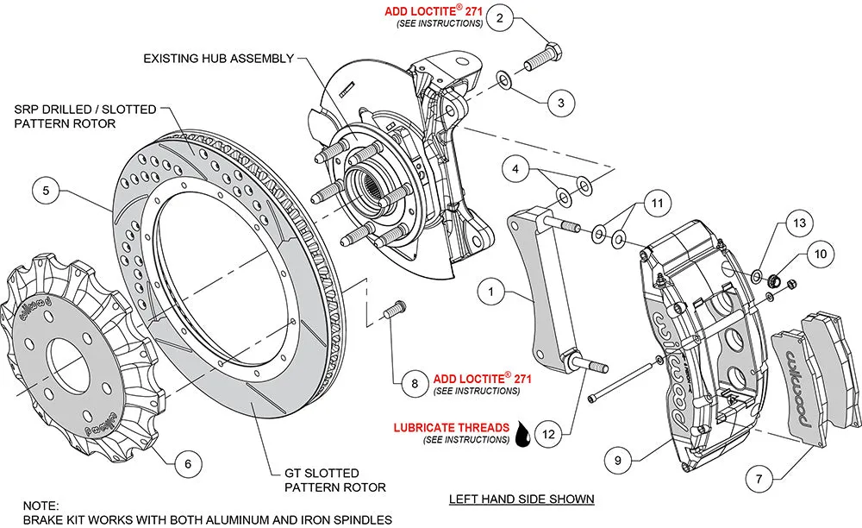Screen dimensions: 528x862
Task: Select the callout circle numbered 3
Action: pyautogui.click(x=560, y=104)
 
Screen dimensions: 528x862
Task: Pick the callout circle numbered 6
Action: pyautogui.click(x=181, y=464)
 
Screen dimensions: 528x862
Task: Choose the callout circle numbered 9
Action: pyautogui.click(x=617, y=461)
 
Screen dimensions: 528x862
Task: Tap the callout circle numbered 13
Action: pyautogui.click(x=801, y=223)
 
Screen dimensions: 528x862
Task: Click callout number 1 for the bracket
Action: pyautogui.click(x=491, y=292)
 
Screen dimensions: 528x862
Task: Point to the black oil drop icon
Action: pyautogui.click(x=523, y=434)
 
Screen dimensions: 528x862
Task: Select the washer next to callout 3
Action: pyautogui.click(x=503, y=81)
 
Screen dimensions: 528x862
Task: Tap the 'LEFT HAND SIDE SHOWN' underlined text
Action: pyautogui.click(x=522, y=500)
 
